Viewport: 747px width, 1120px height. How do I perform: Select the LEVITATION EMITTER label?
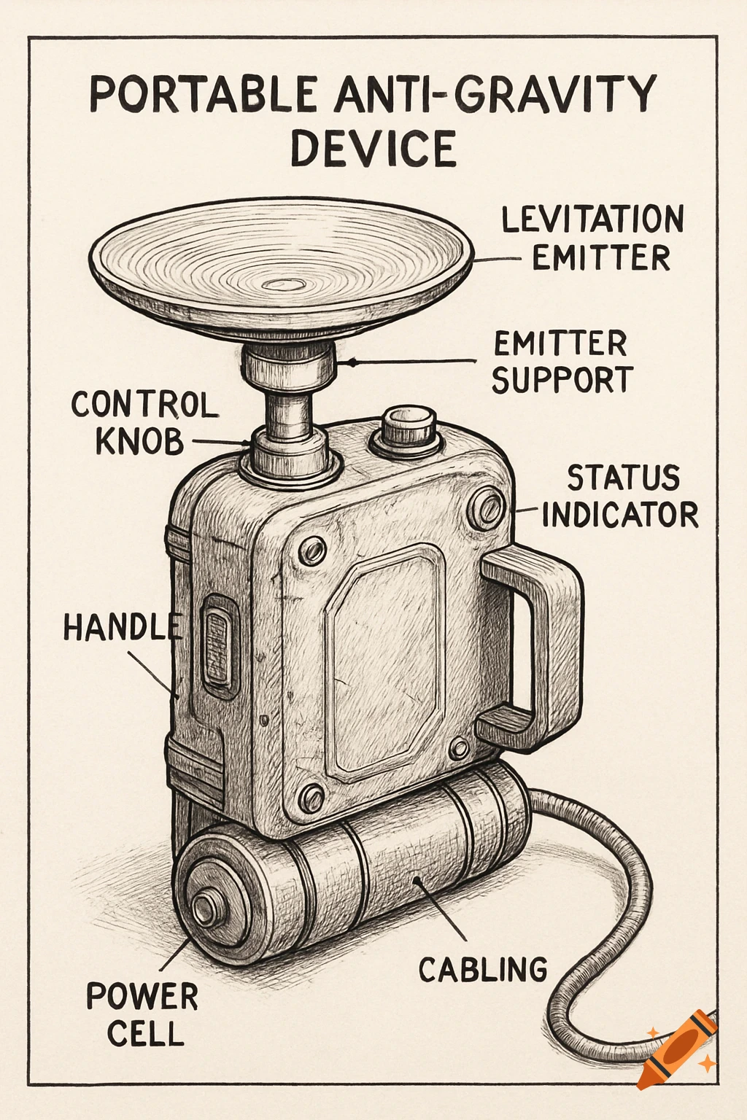(x=592, y=238)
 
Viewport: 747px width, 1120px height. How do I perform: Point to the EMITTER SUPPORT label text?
(x=561, y=362)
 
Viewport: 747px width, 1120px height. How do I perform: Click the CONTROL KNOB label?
(x=144, y=424)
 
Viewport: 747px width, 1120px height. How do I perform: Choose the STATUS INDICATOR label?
(x=620, y=497)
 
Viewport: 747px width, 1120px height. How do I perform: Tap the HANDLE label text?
(x=121, y=627)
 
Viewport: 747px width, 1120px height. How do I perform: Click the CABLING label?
(x=483, y=969)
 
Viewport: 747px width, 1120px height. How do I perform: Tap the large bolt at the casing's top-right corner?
(x=486, y=508)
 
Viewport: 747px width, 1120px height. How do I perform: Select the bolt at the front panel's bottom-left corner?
(x=311, y=798)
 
